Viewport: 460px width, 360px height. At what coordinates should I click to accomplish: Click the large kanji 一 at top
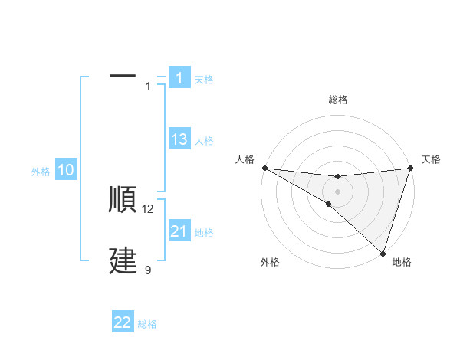click(x=123, y=77)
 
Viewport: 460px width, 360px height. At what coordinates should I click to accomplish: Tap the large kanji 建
click(x=123, y=261)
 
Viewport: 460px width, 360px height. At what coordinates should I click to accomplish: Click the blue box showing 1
click(x=179, y=77)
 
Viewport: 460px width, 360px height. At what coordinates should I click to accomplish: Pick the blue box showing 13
click(x=179, y=139)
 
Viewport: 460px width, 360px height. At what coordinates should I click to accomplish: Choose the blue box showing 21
click(x=179, y=231)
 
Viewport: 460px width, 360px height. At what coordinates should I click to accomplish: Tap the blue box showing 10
click(x=66, y=171)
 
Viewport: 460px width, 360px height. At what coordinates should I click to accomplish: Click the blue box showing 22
click(x=123, y=322)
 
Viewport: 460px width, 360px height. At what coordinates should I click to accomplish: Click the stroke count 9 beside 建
click(x=148, y=270)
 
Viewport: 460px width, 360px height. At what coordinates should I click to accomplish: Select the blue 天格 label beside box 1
click(x=204, y=79)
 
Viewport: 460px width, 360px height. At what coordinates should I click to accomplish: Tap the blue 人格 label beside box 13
click(x=204, y=141)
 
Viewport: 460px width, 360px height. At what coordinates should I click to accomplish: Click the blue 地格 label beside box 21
click(x=204, y=233)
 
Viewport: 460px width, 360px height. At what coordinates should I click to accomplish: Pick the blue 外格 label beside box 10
click(x=41, y=172)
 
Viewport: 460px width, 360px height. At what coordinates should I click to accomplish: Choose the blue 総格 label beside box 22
click(x=147, y=324)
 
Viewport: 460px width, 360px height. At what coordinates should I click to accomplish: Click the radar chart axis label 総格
click(x=338, y=100)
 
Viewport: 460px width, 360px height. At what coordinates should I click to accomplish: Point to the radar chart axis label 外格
click(x=270, y=262)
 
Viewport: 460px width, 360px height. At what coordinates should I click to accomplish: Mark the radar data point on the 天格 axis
click(x=411, y=168)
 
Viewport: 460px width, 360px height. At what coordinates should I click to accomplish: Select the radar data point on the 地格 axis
click(x=383, y=253)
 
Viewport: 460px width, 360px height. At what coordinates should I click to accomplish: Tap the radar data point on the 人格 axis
click(x=264, y=168)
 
